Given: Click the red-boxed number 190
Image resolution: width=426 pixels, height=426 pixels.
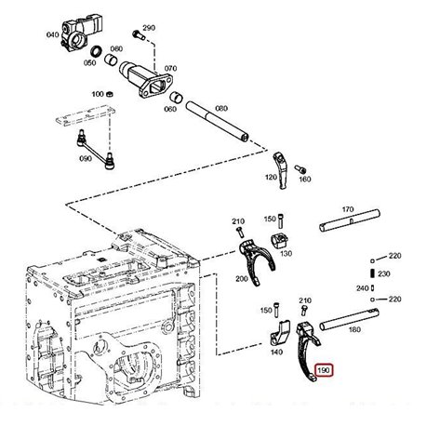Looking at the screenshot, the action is [324, 370].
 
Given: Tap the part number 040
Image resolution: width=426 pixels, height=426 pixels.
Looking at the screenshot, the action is [52, 34].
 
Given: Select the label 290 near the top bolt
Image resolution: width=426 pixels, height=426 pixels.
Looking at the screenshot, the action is [149, 28].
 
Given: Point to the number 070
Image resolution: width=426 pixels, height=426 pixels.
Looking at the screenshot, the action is [170, 68].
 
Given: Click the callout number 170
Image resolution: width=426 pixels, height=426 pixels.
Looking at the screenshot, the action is [348, 209].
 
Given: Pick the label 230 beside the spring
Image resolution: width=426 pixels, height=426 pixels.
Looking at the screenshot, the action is [384, 273].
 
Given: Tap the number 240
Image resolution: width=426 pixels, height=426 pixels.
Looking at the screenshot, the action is [362, 288].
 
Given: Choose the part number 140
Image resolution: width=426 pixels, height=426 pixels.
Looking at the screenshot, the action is [276, 352].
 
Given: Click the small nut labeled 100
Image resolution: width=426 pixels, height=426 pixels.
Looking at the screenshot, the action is [109, 94].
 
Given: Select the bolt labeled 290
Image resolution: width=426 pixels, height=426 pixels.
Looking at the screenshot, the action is [139, 34].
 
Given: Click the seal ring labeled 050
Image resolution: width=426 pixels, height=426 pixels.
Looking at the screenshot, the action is [96, 50].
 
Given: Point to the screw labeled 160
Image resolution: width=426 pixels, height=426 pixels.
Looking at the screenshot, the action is [300, 169].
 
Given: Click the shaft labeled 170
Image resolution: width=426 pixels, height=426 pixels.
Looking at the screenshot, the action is [350, 220].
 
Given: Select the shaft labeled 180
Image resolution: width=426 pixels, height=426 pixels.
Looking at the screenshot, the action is [349, 319].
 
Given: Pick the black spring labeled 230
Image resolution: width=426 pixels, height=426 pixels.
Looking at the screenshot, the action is [373, 273].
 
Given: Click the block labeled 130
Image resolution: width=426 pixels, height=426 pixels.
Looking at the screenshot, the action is [280, 240].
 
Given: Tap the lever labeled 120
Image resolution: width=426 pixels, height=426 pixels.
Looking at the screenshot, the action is [281, 170].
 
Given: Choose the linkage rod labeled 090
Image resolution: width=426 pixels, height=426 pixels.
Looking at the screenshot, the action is [94, 149].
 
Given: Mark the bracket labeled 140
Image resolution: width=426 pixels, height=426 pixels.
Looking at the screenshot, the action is [280, 333].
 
